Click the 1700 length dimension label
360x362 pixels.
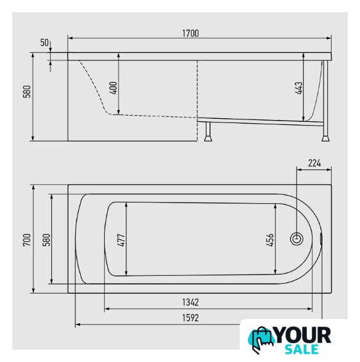(190, 33)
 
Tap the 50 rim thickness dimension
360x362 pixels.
(44, 42)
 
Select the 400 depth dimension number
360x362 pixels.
(114, 87)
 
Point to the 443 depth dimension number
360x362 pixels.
(299, 88)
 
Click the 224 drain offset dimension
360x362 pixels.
(314, 163)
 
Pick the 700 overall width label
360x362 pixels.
(27, 239)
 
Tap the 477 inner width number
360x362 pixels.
(122, 239)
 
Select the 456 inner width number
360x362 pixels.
(270, 240)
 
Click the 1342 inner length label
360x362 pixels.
(190, 302)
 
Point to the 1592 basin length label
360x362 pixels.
(190, 318)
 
